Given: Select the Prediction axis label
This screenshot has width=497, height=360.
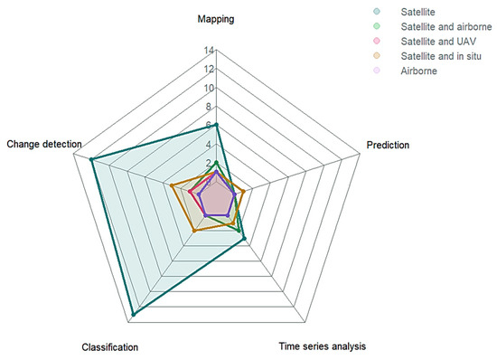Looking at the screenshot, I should [387, 145].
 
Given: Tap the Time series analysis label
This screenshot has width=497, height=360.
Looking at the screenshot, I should [323, 346].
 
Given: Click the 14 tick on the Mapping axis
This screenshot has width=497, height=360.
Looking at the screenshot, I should [209, 50].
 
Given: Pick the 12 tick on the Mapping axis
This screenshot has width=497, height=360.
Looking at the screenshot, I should [209, 69].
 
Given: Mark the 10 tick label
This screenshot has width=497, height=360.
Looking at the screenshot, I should [209, 88].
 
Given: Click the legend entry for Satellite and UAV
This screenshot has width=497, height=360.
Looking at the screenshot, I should [443, 42].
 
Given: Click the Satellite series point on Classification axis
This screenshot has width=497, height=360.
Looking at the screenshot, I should [133, 314].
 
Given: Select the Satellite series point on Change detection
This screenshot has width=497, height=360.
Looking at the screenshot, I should [91, 160].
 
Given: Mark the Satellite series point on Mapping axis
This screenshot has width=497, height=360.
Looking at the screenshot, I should [217, 125].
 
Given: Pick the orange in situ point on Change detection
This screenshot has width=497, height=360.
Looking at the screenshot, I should [172, 185].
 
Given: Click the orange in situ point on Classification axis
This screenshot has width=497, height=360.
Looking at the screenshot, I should [193, 232].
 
